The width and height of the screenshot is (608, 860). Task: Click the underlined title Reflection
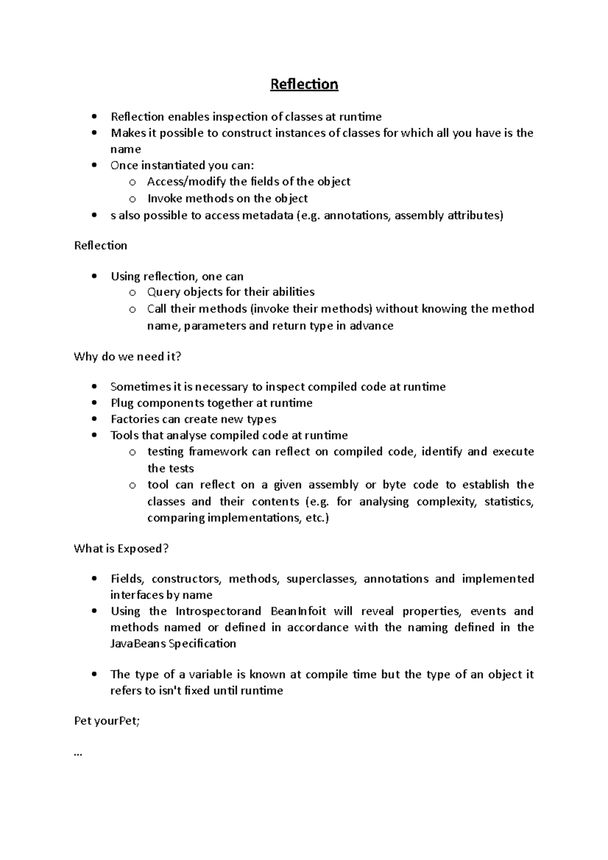pyautogui.click(x=304, y=84)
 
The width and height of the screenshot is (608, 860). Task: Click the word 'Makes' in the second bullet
pyautogui.click(x=125, y=133)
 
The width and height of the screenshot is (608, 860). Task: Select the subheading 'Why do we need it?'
pyautogui.click(x=127, y=357)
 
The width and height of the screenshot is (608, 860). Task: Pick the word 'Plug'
pyautogui.click(x=122, y=403)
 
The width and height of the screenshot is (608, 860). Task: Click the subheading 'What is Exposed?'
pyautogui.click(x=121, y=549)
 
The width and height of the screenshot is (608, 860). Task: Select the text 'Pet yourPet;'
pyautogui.click(x=106, y=721)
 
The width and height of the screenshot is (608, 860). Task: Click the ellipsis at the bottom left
pyautogui.click(x=78, y=755)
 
